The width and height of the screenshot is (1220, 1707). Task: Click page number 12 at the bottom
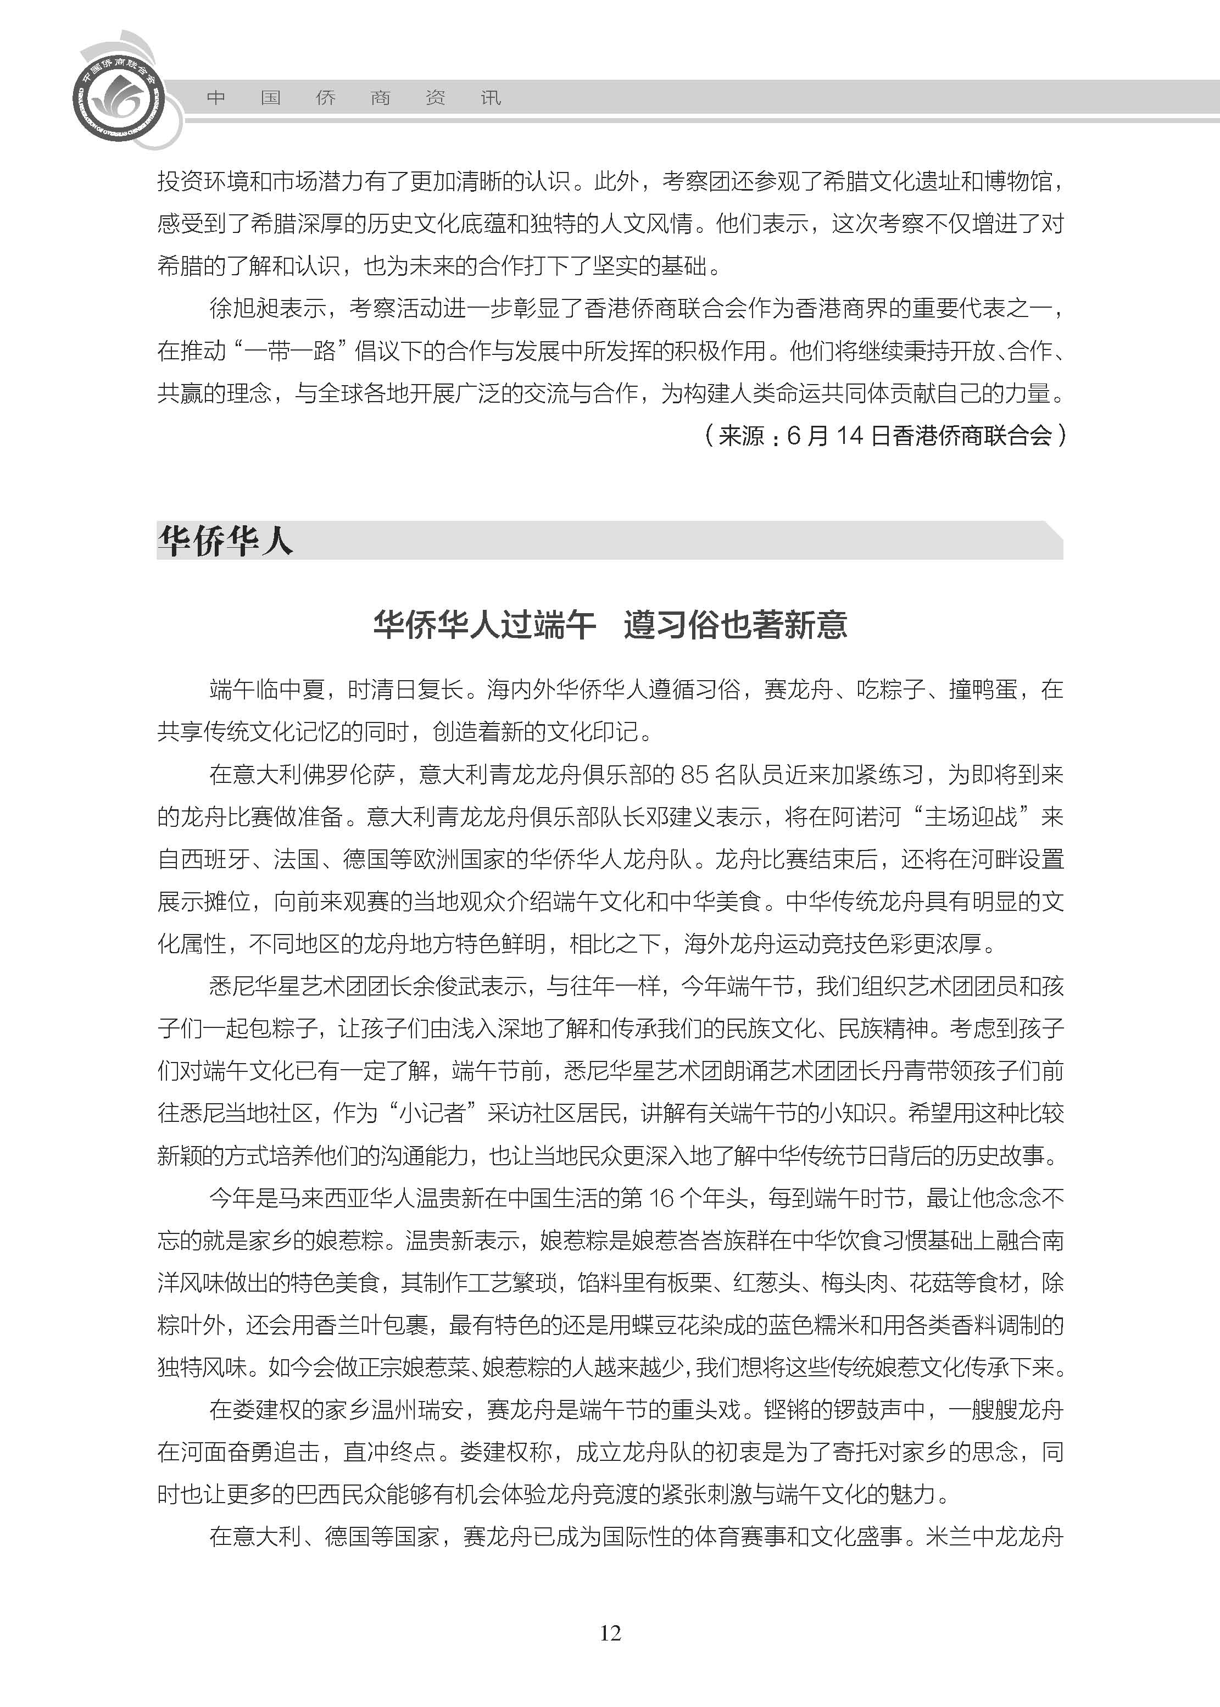pos(610,1633)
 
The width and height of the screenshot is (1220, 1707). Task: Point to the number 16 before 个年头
pos(661,1198)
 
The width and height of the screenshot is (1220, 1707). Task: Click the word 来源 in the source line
pos(740,436)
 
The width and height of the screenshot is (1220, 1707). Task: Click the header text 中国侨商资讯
pos(353,98)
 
